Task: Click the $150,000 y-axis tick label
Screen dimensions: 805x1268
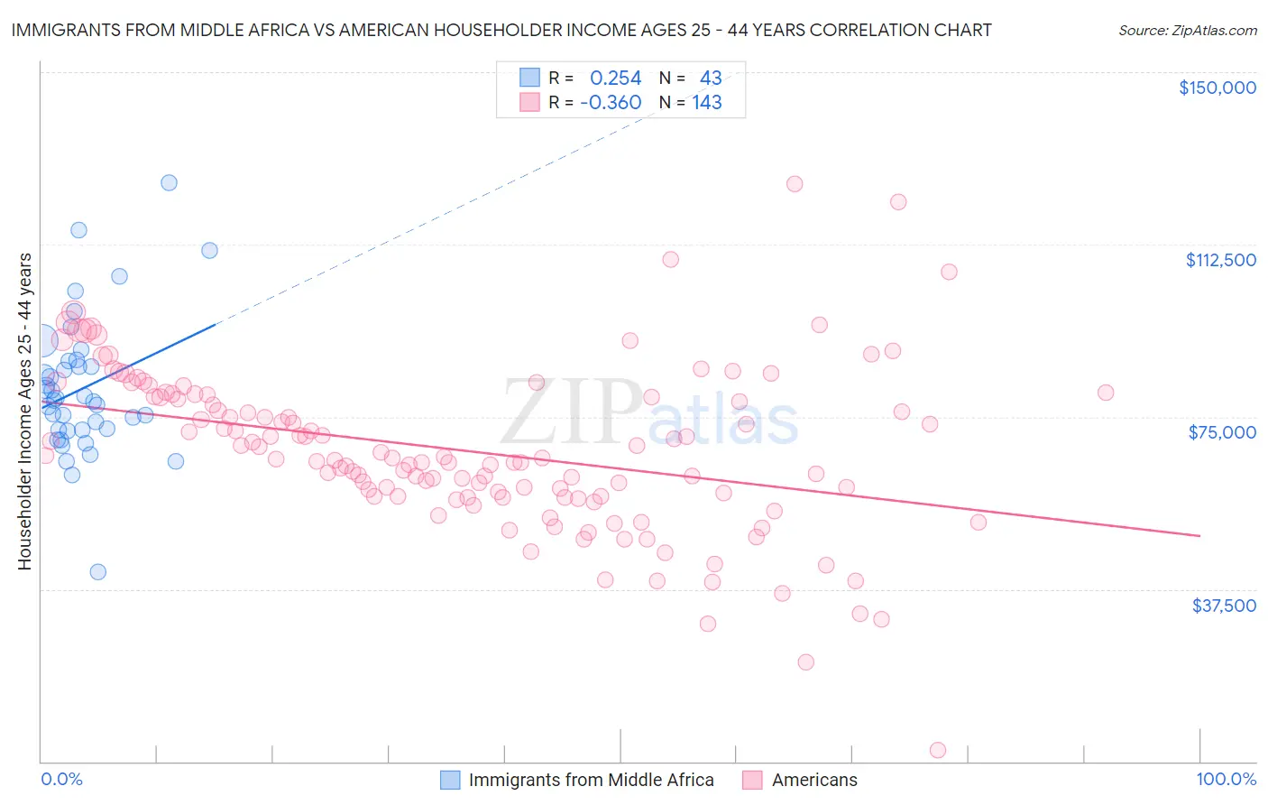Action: [x=1217, y=88]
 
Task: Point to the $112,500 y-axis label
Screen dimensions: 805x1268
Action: [x=1220, y=260]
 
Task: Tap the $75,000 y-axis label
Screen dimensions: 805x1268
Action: [x=1222, y=432]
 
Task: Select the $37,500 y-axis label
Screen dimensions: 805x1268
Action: [x=1224, y=606]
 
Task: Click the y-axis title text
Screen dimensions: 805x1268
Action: [x=24, y=412]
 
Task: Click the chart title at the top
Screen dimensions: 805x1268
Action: [x=501, y=30]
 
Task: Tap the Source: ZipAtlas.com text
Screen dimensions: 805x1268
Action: [x=1187, y=31]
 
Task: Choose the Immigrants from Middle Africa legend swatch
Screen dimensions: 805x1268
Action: [x=450, y=780]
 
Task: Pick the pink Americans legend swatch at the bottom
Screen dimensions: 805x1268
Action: [x=752, y=780]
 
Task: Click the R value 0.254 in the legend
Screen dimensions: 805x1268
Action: [x=615, y=78]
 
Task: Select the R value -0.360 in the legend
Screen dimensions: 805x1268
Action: [x=611, y=103]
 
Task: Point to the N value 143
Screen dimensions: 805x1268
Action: [x=707, y=103]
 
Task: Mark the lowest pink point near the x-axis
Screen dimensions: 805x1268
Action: [x=938, y=750]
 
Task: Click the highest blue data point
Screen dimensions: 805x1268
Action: [x=169, y=182]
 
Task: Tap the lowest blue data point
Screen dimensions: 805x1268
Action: [x=98, y=571]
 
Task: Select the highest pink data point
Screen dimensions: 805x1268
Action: [x=795, y=183]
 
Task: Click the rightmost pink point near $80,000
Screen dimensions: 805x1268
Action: [x=1106, y=393]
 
